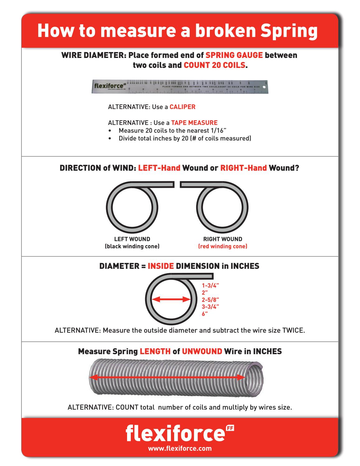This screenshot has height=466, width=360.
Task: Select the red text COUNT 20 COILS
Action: [214, 66]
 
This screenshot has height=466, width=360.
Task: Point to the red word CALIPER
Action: [182, 107]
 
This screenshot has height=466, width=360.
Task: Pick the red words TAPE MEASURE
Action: [194, 123]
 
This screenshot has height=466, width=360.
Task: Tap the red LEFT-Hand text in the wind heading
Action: [159, 168]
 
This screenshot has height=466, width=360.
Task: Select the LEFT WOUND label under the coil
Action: [132, 239]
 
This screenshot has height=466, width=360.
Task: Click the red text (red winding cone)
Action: [223, 246]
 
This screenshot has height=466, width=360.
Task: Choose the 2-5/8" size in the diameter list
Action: [211, 300]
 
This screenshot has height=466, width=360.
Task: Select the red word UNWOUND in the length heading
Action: [202, 352]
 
